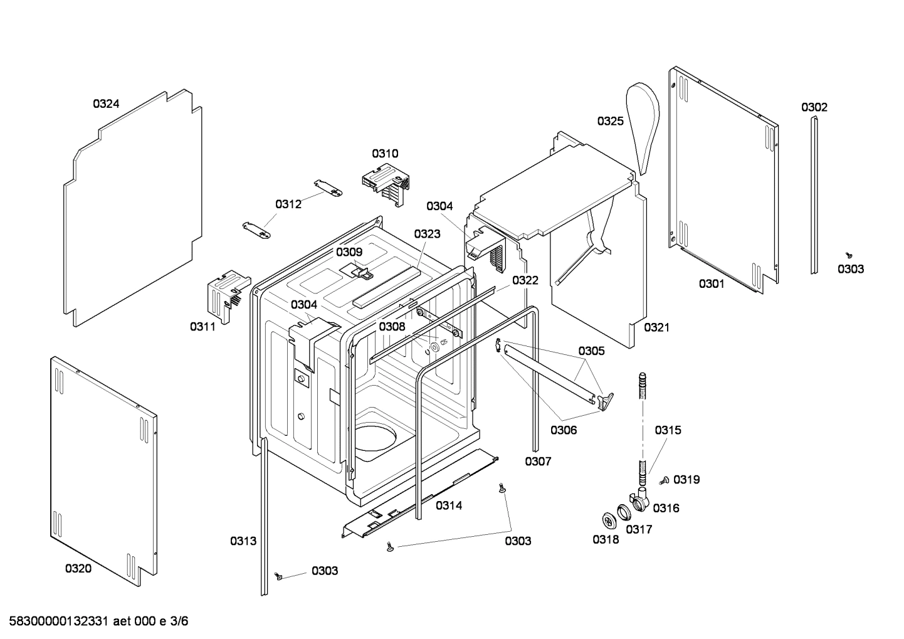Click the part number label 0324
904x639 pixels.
(x=106, y=104)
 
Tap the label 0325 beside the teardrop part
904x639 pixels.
(x=610, y=121)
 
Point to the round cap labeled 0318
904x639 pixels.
(x=608, y=520)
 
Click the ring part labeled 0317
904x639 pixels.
(x=624, y=512)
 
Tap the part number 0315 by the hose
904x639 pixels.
(x=668, y=430)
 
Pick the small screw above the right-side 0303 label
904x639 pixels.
(x=849, y=255)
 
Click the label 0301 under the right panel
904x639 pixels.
(x=712, y=284)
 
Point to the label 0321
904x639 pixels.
(x=656, y=327)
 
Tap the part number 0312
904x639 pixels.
(x=288, y=204)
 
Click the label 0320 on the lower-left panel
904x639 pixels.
(x=78, y=569)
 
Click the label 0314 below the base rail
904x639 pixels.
(x=449, y=505)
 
